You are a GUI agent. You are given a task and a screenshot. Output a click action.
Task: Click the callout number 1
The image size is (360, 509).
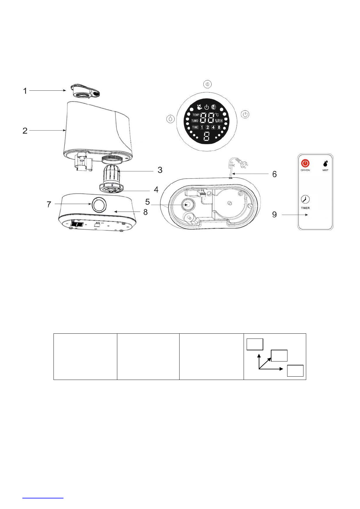pyautogui.click(x=25, y=91)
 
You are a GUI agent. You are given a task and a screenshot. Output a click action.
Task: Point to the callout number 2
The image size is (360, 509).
pyautogui.click(x=25, y=131)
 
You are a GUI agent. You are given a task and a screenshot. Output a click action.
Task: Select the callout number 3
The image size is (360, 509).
pyautogui.click(x=160, y=170)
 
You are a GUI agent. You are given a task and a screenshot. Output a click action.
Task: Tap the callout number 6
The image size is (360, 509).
pyautogui.click(x=274, y=174)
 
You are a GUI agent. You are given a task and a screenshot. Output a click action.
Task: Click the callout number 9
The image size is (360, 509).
pyautogui.click(x=274, y=215)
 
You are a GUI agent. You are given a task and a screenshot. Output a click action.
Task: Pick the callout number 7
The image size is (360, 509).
pyautogui.click(x=49, y=205)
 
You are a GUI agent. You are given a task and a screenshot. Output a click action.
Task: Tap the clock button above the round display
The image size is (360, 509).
pyautogui.click(x=208, y=84)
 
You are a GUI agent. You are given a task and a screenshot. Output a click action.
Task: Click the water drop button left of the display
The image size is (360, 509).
pyautogui.click(x=171, y=119)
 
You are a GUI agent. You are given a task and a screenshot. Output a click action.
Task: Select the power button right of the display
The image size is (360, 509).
pyautogui.click(x=245, y=115)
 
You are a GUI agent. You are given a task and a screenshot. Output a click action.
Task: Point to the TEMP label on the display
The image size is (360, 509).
pyautogui.click(x=196, y=115)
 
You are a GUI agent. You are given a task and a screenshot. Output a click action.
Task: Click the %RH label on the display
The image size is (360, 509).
pyautogui.click(x=219, y=121)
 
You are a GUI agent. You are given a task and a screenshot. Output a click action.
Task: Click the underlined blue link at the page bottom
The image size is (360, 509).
pyautogui.click(x=43, y=497)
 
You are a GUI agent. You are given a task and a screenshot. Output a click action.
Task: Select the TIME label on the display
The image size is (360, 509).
pyautogui.click(x=195, y=127)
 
